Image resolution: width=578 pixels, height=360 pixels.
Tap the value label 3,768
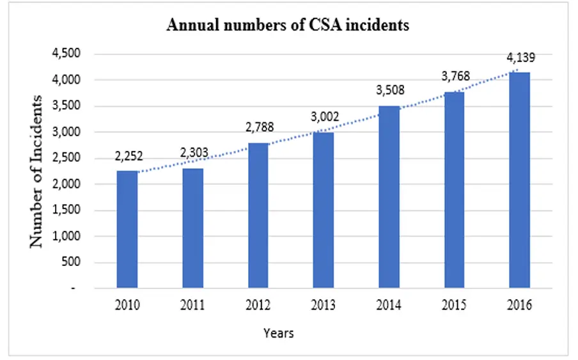pos(455,77)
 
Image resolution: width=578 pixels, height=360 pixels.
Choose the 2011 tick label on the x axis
pos(192,305)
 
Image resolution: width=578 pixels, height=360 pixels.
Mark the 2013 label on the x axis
pos(324,305)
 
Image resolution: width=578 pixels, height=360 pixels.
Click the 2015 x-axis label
pos(454,305)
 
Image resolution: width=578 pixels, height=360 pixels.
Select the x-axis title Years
pos(279,333)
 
